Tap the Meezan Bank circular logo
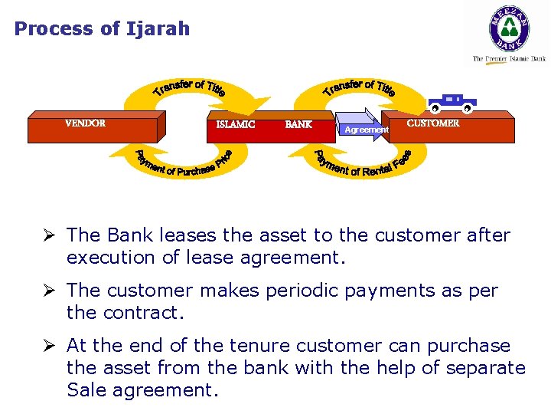pos(509,29)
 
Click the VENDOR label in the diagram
pos(85,123)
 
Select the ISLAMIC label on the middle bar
pos(236,124)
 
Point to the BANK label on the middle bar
pos(298,124)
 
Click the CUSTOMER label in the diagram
pos(433,123)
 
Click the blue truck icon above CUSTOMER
pos(452,102)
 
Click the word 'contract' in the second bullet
pos(139,313)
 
